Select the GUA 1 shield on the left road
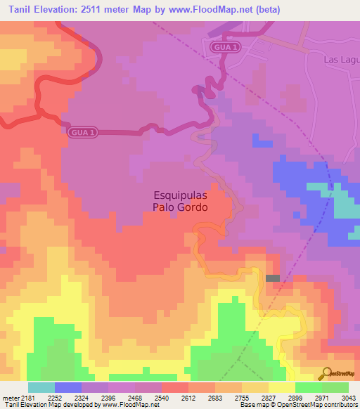click(83, 131)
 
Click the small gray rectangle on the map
click(273, 278)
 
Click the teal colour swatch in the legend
click(41, 387)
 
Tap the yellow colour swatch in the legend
click(281, 387)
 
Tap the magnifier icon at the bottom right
click(326, 373)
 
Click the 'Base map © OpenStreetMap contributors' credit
click(298, 405)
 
